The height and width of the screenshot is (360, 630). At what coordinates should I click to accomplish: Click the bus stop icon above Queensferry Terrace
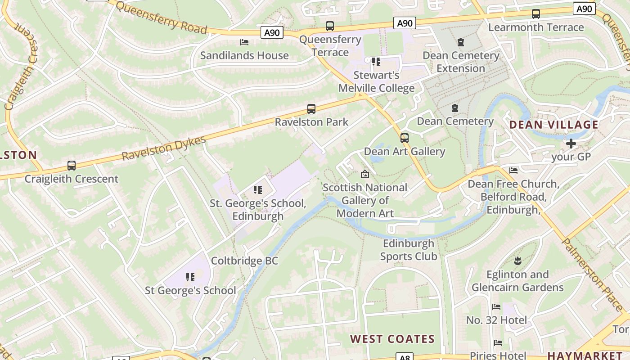click(330, 26)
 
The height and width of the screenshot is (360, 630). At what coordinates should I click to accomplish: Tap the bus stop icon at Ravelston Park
click(311, 109)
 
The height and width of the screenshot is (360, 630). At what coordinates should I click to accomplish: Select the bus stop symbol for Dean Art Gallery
click(405, 138)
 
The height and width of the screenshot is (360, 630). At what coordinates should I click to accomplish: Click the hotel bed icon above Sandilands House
click(244, 42)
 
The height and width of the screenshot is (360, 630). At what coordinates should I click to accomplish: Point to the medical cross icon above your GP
click(571, 144)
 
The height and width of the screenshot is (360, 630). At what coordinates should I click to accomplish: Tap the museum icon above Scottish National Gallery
click(365, 174)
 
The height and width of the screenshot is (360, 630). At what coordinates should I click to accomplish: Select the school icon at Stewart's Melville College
click(376, 62)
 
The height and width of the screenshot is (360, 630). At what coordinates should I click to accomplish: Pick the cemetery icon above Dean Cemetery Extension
click(461, 43)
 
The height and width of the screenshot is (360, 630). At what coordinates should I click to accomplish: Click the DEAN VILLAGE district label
click(553, 125)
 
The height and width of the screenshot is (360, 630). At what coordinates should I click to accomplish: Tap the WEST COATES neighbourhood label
click(392, 339)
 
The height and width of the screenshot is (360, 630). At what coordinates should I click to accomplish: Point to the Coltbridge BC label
click(244, 261)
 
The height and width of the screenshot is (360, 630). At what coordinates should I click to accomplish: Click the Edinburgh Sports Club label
click(409, 250)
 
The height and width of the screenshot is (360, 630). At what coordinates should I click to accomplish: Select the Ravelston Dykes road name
click(164, 148)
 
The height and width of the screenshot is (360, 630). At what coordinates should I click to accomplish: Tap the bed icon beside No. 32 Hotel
click(496, 307)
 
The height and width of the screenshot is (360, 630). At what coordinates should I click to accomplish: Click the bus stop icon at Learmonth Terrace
click(535, 14)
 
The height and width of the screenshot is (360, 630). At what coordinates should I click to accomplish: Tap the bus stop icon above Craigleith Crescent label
click(71, 166)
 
